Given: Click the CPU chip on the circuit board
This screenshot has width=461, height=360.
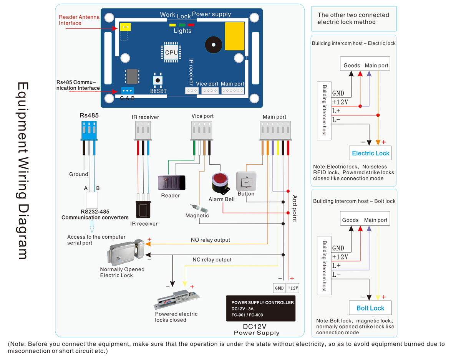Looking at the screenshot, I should [171, 53].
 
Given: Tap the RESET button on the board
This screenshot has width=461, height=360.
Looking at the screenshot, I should [158, 80].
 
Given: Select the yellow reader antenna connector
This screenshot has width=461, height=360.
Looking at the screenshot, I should [124, 27].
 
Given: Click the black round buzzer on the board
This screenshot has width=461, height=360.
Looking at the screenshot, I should [213, 45].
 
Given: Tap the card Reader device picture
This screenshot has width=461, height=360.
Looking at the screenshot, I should [171, 182].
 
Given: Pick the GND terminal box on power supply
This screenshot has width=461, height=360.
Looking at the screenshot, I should [279, 288].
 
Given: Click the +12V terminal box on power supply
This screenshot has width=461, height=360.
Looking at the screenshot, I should [293, 288].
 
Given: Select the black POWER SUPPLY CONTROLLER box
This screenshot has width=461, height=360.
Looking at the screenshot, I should [261, 308].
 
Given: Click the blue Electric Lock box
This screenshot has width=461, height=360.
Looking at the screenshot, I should [370, 153].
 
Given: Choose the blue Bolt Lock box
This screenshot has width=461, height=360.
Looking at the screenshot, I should [370, 308].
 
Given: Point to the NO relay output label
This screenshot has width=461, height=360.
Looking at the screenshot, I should [210, 240].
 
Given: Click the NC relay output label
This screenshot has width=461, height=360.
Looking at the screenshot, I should [212, 260].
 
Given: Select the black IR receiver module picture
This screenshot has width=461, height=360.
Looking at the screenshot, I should [143, 209].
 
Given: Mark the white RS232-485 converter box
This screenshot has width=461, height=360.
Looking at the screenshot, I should [91, 199].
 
